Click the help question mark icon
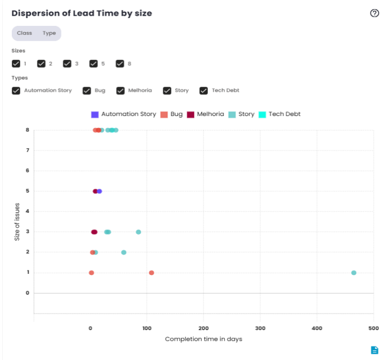pos(375,14)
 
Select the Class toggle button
pos(24,33)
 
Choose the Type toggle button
pos(50,33)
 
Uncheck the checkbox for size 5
pos(93,64)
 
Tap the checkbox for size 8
pos(120,64)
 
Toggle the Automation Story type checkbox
pos(16,90)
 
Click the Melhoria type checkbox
pos(121,90)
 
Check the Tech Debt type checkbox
pos(204,90)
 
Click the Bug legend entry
pos(171,114)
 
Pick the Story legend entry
pos(241,114)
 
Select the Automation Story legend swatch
pos(95,114)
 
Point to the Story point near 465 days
pos(354,273)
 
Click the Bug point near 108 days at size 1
pos(152,273)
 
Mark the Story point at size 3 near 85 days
pos(139,232)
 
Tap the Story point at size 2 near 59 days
pos(124,252)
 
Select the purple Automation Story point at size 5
pos(100,192)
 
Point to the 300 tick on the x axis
pos(260,328)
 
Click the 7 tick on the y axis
pos(27,150)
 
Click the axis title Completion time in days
pos(203,339)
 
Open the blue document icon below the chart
pos(375,350)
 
